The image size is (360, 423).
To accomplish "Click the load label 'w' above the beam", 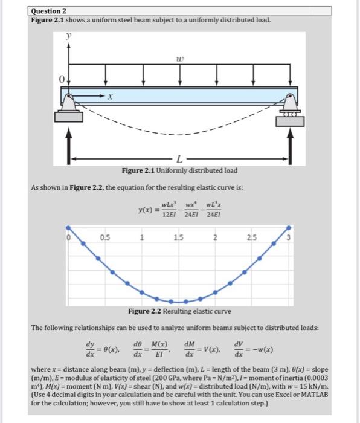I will tap(179, 59).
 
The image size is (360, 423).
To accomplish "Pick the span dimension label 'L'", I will tap(180, 160).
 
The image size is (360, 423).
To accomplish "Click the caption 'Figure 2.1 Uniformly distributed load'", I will tap(179, 170).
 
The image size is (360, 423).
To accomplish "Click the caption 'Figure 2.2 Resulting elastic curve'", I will tap(179, 311).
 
